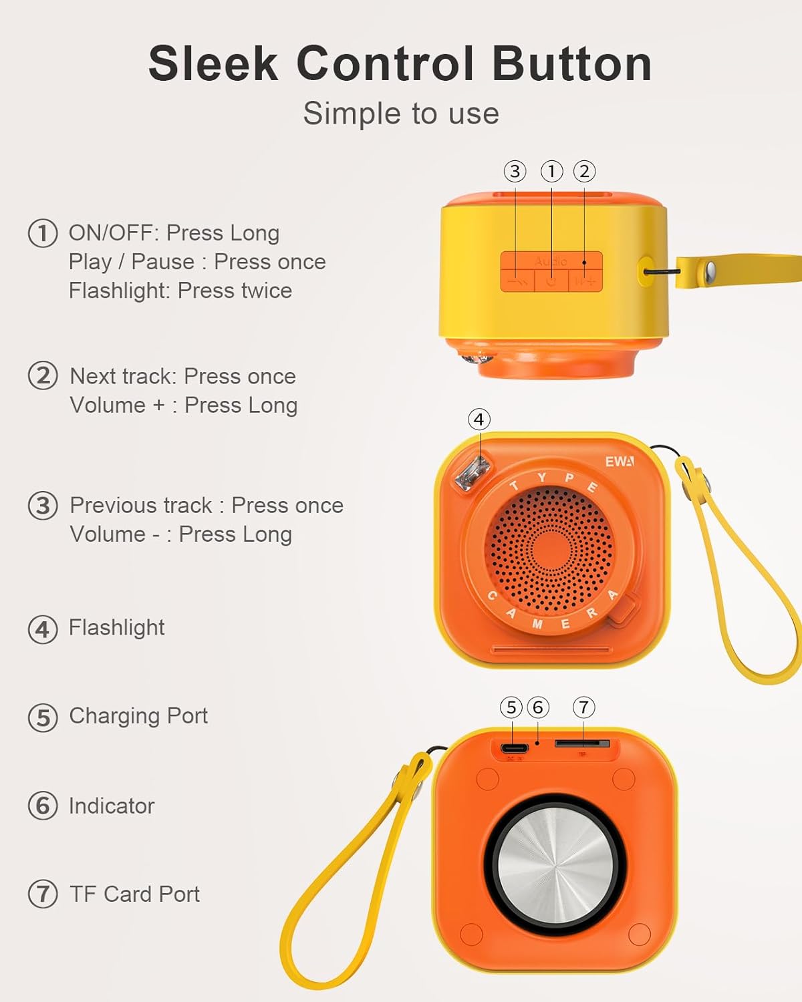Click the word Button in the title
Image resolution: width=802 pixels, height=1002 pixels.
point(571,64)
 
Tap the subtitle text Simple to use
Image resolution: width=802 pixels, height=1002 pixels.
point(401,114)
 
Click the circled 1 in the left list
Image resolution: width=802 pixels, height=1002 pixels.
point(42,234)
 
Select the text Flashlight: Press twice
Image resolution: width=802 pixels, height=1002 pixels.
point(180,291)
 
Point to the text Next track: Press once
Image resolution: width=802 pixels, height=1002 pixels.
point(182,376)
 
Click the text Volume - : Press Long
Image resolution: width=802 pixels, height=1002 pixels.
point(181,534)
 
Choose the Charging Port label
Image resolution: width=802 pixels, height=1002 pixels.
point(138,716)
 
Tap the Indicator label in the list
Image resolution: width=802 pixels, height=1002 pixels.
point(112,806)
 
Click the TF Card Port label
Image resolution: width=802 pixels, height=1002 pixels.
point(134,894)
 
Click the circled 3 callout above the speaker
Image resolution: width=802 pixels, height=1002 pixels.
point(515,172)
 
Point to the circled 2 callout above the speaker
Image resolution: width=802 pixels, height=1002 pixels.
point(585,172)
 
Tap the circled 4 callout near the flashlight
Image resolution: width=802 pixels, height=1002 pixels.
point(479,420)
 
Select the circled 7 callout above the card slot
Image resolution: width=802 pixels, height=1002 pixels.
point(583,707)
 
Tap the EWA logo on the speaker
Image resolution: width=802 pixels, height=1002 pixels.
point(620,462)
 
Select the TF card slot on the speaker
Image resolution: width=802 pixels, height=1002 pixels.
point(582,743)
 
